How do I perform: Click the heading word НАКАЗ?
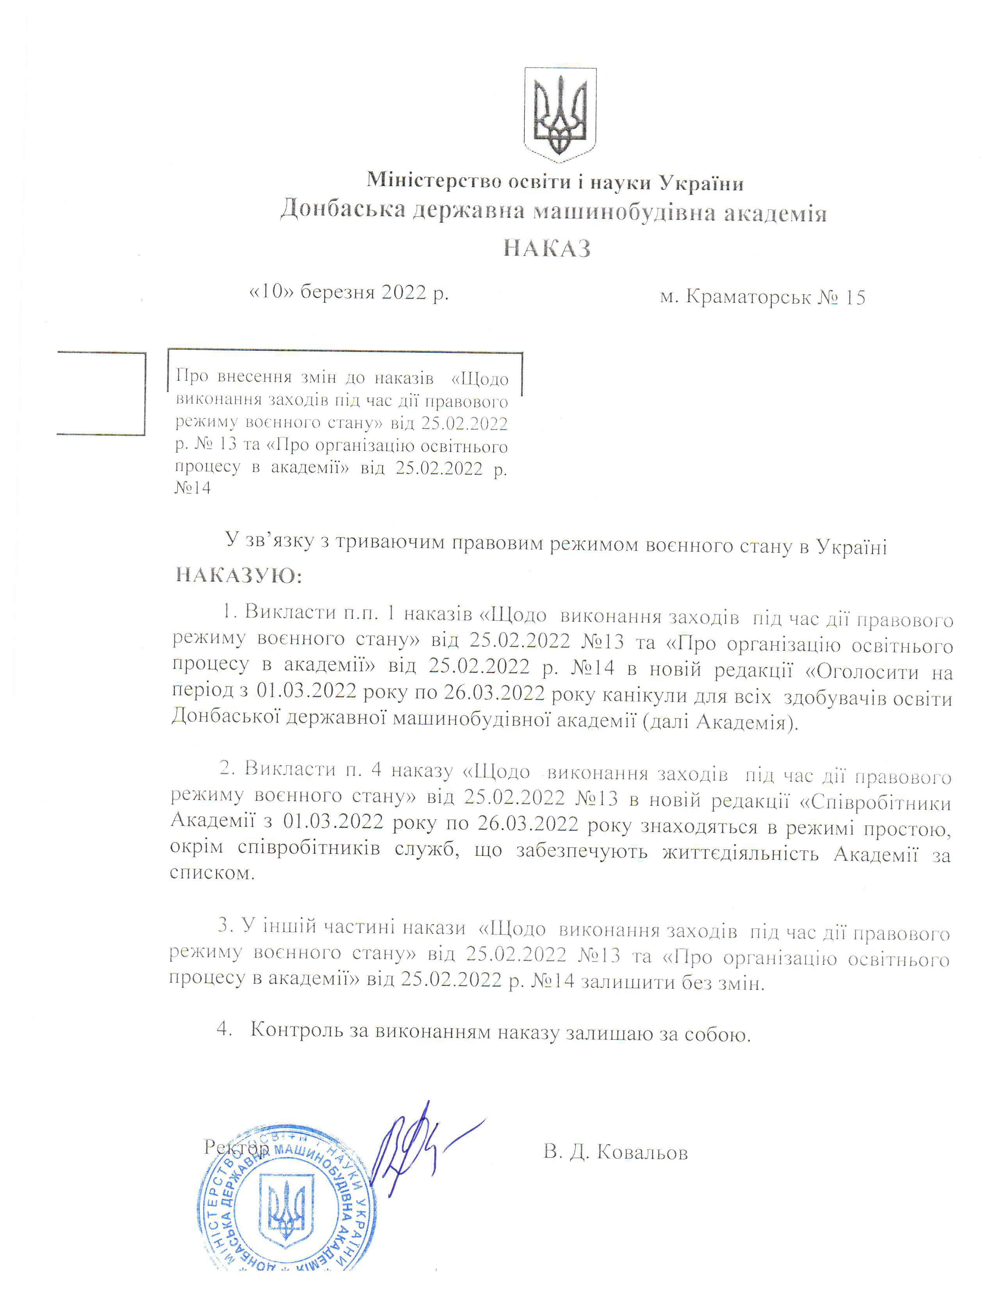(547, 248)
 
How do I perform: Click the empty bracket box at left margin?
(102, 393)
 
